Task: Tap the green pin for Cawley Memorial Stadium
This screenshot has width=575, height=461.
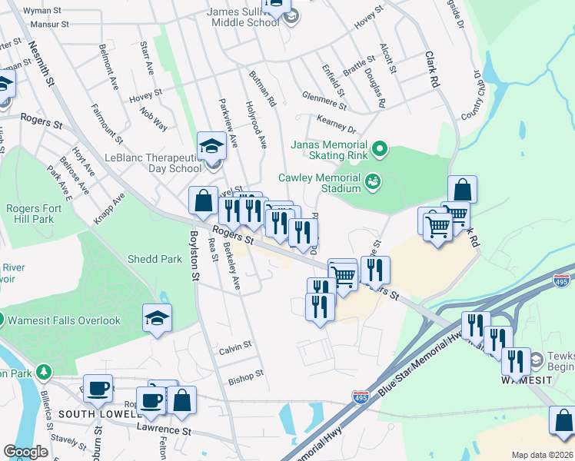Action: [x=373, y=181]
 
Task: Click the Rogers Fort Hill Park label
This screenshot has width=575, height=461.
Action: [x=33, y=214]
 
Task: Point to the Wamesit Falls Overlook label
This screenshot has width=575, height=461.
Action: [x=65, y=320]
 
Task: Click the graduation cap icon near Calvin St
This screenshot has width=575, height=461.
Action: [x=157, y=318]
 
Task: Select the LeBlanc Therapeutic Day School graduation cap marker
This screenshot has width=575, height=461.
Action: [x=211, y=145]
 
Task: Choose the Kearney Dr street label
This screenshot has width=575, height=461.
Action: [x=336, y=125]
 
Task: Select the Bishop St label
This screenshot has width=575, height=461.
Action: [x=246, y=377]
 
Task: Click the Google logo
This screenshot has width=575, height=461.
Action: [x=25, y=452]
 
